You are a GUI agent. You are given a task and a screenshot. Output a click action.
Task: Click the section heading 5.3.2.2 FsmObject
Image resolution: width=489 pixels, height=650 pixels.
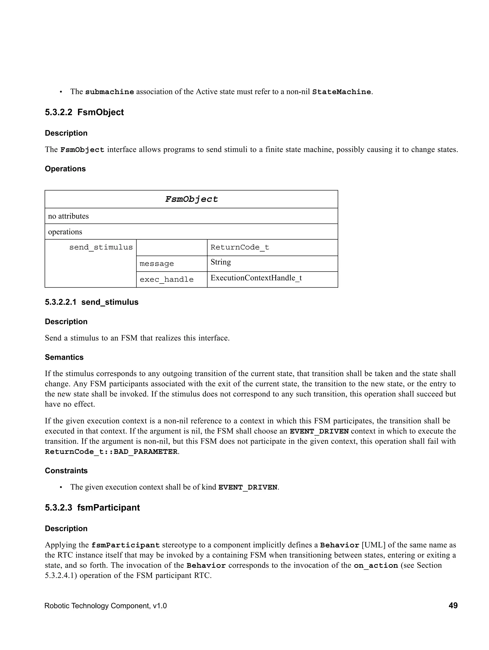coord(84,112)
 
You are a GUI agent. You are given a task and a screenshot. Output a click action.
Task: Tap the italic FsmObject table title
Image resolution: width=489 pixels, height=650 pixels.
coord(191,199)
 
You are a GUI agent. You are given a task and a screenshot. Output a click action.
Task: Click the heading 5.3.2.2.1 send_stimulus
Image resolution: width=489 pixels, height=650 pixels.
coord(92,302)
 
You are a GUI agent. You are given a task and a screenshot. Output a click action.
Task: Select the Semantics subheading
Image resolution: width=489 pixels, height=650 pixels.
coord(64,357)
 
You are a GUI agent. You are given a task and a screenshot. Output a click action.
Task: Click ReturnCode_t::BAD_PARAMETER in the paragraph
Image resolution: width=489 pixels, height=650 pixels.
coord(111,452)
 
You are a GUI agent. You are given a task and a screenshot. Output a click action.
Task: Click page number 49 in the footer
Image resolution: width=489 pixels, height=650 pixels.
coord(453,605)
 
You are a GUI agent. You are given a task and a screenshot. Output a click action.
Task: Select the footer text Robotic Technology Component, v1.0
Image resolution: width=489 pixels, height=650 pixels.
coord(106,606)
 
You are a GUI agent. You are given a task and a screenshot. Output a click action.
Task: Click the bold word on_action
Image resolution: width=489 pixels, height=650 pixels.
coord(376,565)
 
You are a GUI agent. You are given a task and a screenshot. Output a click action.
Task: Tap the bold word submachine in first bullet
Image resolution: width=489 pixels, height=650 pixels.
coord(110,92)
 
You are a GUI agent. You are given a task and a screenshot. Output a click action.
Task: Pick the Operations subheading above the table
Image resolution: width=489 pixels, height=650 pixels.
coord(65,169)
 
